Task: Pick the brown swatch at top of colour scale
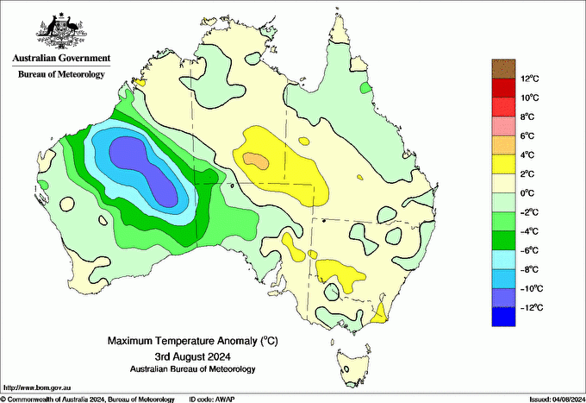503,69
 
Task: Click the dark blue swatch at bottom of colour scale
503,317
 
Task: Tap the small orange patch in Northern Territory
254,159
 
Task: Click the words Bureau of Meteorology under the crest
62,74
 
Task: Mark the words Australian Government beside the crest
62,59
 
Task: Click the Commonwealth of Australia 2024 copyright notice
86,399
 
